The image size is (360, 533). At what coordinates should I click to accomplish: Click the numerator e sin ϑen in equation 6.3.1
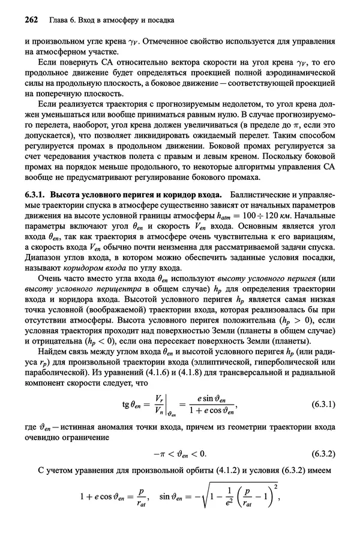[x=207, y=399]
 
